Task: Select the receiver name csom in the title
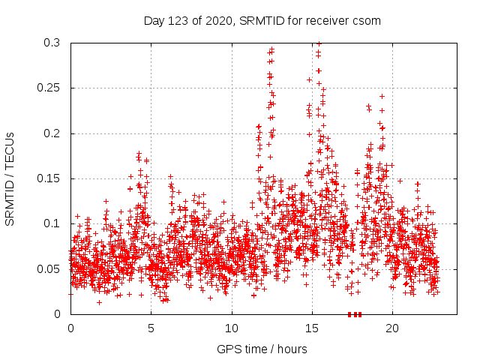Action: click(367, 21)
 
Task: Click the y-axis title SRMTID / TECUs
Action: click(10, 178)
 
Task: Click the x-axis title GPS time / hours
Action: click(262, 349)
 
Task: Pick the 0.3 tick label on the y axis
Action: click(51, 43)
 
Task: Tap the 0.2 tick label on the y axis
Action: click(51, 133)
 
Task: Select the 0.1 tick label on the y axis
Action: click(51, 223)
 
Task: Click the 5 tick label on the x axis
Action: click(151, 328)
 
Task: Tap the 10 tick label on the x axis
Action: click(232, 328)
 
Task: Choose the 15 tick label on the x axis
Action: click(312, 328)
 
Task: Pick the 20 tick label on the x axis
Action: click(393, 328)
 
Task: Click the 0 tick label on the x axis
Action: click(70, 328)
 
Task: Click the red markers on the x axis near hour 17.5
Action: click(355, 314)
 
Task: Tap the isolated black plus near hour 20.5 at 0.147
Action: click(400, 181)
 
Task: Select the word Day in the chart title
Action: click(154, 21)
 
